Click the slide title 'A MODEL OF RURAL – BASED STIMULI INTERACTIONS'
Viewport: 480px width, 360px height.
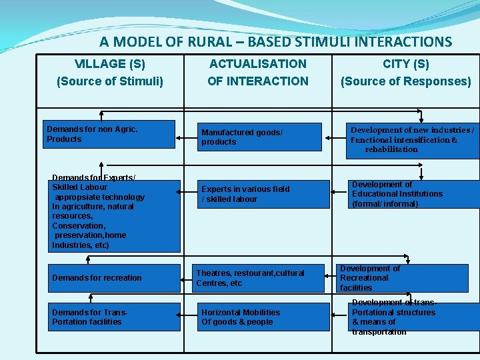tap(275, 41)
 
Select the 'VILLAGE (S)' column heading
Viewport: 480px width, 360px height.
tap(110, 73)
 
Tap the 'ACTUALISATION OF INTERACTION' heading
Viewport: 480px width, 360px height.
tap(257, 73)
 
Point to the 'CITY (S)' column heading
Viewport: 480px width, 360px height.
tap(405, 73)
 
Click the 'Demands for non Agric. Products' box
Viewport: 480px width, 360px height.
tap(110, 134)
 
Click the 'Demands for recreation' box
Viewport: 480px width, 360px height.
tap(114, 278)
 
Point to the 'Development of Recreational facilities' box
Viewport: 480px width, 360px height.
tap(402, 278)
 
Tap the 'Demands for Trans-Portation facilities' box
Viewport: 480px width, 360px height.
tap(114, 317)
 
